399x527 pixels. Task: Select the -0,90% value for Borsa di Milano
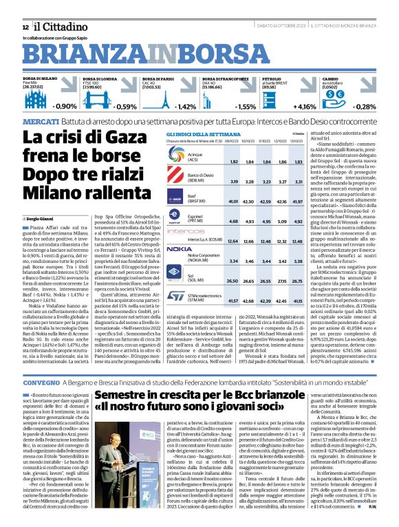coord(66,107)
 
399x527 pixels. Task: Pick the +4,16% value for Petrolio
coord(305,107)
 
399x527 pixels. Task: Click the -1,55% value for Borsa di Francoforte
coord(245,107)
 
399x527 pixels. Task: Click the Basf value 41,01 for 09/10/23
coord(233,202)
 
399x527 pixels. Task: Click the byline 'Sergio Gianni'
coord(42,200)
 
